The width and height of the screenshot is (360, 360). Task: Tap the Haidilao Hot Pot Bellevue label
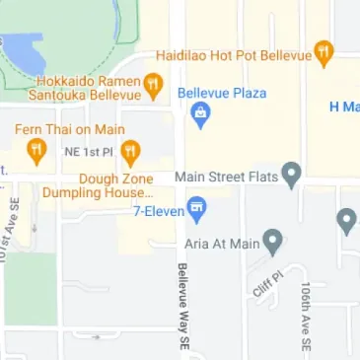pyautogui.click(x=235, y=55)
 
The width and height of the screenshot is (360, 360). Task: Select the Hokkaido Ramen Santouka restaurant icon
pyautogui.click(x=153, y=86)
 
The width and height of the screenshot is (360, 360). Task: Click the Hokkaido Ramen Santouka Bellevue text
pyautogui.click(x=85, y=88)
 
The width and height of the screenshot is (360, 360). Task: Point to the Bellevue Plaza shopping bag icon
pyautogui.click(x=201, y=115)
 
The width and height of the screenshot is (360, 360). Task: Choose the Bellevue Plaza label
pyautogui.click(x=222, y=94)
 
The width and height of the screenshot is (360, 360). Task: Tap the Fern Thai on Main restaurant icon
pyautogui.click(x=36, y=150)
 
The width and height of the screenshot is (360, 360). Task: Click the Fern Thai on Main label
pyautogui.click(x=69, y=129)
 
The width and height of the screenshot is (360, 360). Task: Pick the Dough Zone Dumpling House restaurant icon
pyautogui.click(x=130, y=152)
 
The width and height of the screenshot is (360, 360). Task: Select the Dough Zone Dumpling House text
pyautogui.click(x=98, y=185)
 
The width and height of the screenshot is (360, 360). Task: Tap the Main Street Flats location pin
pyautogui.click(x=291, y=176)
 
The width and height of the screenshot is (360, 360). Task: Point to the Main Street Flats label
pyautogui.click(x=223, y=177)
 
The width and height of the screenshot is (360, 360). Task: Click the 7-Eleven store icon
pyautogui.click(x=197, y=208)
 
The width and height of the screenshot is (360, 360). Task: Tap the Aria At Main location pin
pyautogui.click(x=273, y=241)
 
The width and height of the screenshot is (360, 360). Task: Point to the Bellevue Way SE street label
pyautogui.click(x=182, y=307)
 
